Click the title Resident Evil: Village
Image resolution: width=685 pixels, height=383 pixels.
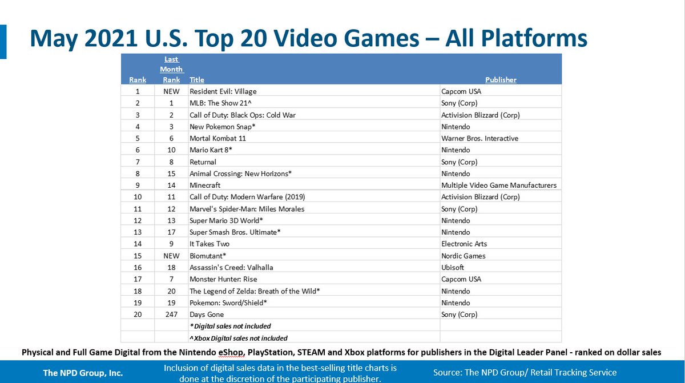[223, 91]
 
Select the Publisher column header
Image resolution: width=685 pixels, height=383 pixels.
[501, 80]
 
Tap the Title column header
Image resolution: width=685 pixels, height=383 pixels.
[197, 80]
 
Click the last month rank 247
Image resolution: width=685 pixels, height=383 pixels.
[171, 315]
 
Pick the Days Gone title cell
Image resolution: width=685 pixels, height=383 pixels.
[207, 315]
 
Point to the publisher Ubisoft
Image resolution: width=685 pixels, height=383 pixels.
[454, 267]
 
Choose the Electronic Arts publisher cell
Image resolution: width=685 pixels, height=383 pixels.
[464, 244]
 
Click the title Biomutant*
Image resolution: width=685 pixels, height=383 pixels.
[208, 256]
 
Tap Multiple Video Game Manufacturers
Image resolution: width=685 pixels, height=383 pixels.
[499, 185]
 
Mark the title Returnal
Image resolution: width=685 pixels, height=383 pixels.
[203, 162]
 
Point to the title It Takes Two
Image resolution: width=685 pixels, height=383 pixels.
[209, 244]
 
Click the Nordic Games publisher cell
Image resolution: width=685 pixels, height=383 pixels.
[464, 256]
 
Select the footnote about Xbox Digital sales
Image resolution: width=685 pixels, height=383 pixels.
[239, 338]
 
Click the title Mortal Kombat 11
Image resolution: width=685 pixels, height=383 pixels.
[217, 138]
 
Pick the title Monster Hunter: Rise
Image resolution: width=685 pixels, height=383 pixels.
[223, 279]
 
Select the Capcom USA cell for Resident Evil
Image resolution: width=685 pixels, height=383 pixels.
[461, 91]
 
